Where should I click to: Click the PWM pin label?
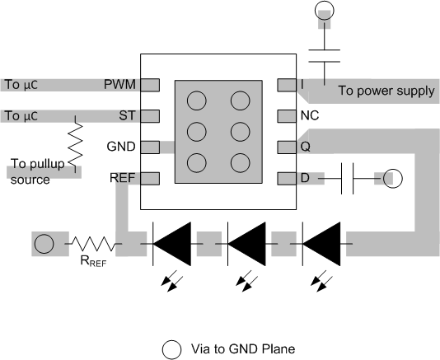(119, 84)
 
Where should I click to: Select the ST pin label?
(126, 115)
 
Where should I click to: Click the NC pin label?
(308, 115)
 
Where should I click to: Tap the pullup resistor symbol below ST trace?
(76, 146)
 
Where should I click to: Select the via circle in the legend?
(171, 348)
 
